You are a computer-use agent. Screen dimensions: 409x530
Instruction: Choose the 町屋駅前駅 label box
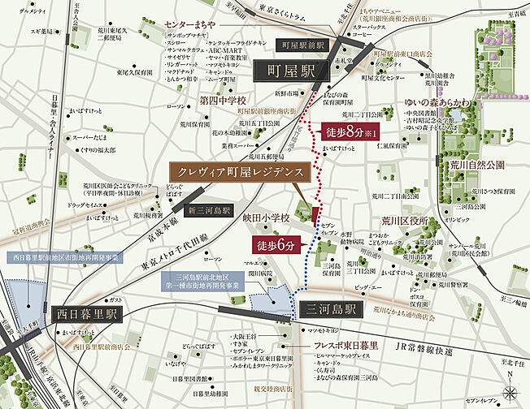[x=301, y=46]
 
